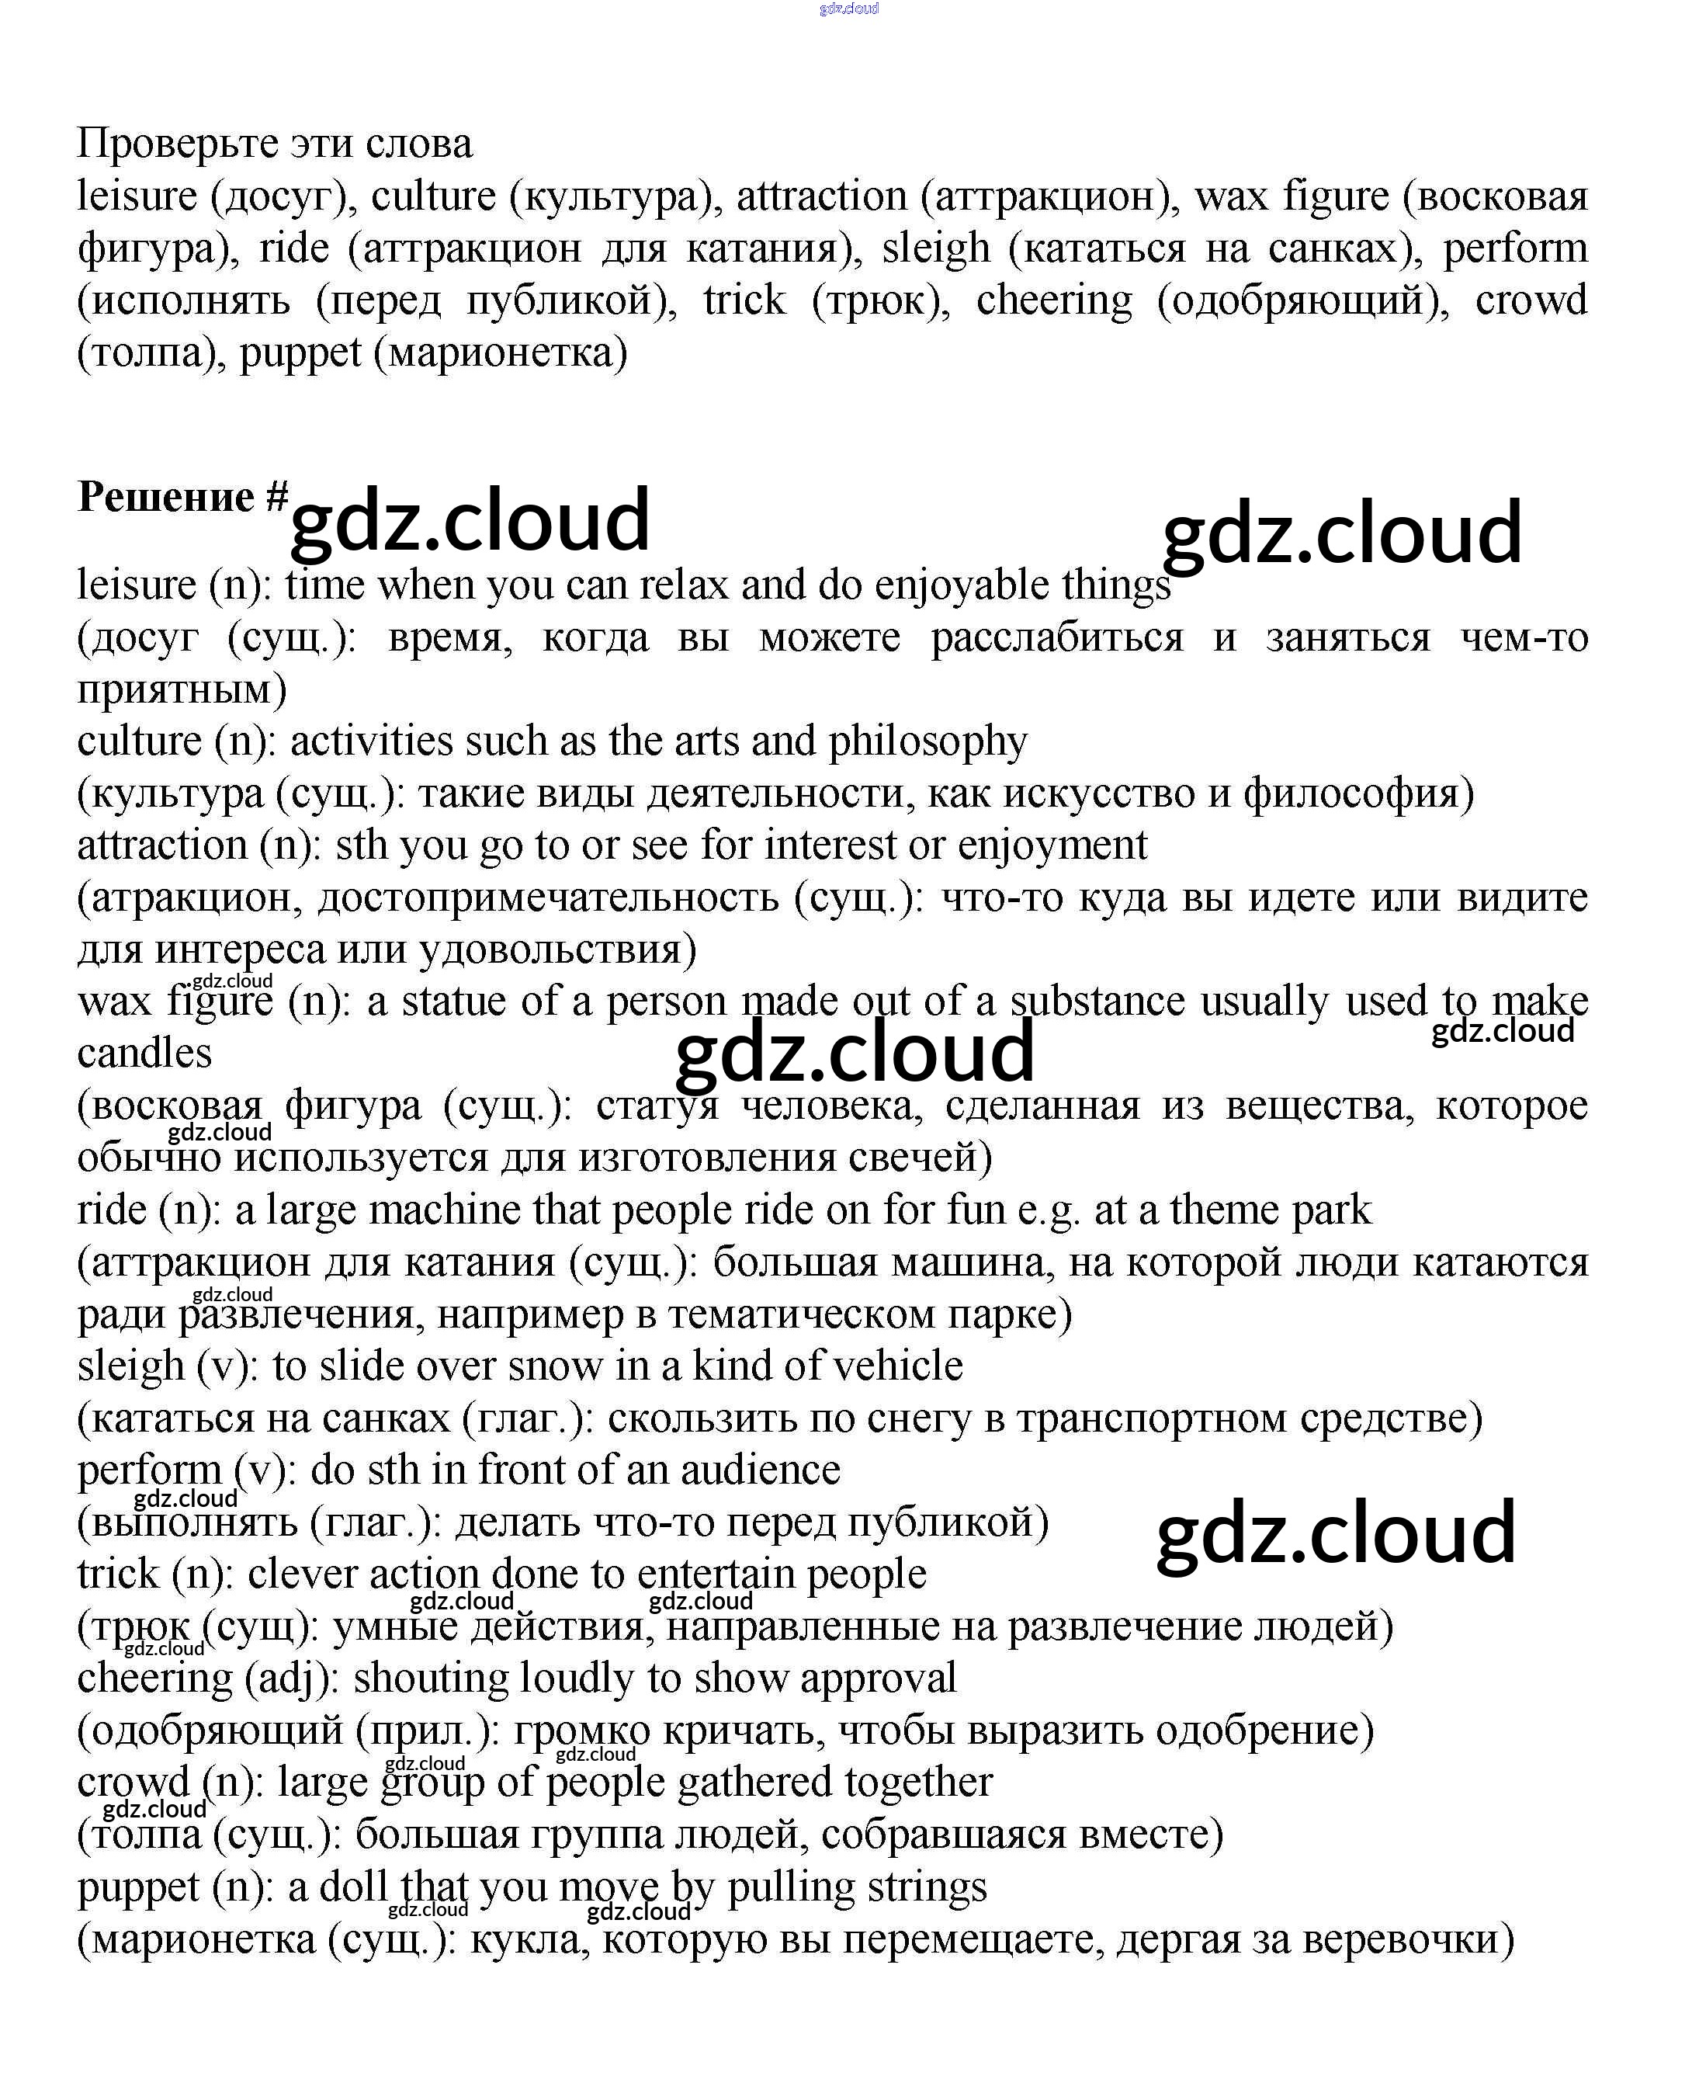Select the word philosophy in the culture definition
coord(928,742)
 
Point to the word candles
coord(145,1054)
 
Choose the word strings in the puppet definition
coord(927,1887)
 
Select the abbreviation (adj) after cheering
coord(292,1678)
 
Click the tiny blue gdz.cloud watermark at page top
coord(848,9)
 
